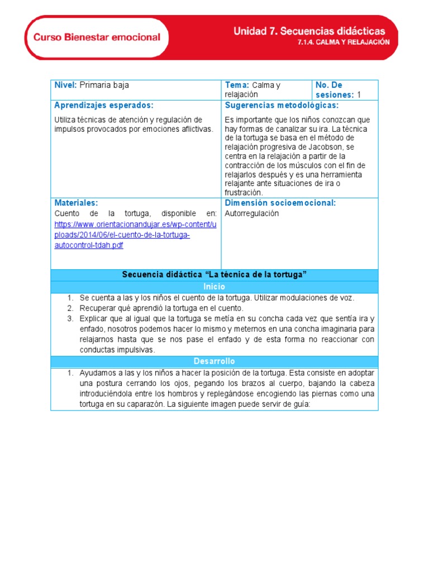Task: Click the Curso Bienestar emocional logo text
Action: coord(97,37)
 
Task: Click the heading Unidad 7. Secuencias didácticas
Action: coord(309,32)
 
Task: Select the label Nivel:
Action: coord(66,85)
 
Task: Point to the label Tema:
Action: coord(237,85)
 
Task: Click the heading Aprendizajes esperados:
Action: coord(104,106)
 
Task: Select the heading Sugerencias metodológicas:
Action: coord(282,106)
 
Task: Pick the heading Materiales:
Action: coord(76,203)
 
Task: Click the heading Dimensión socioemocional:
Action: coord(280,203)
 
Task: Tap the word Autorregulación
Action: coord(251,213)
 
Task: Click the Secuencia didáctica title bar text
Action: coord(214,275)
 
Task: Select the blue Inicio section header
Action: coord(214,287)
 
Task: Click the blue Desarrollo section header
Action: coord(214,361)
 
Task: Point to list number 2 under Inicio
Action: coord(71,308)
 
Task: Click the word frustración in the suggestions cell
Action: coord(243,193)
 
